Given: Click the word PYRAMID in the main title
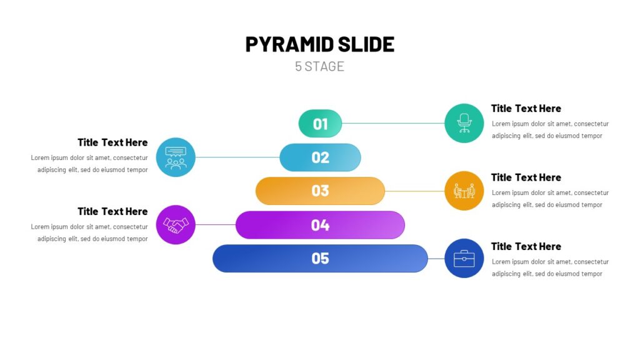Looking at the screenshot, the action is click(289, 44).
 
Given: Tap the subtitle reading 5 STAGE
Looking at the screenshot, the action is click(319, 66).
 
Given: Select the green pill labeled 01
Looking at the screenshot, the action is click(320, 123).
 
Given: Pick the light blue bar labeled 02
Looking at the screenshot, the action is click(320, 157).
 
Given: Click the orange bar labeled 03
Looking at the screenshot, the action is click(320, 191).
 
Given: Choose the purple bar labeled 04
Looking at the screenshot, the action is click(320, 225).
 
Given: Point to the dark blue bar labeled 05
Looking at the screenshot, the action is click(320, 258).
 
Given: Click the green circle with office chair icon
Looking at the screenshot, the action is click(464, 123).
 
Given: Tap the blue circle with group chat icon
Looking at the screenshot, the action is click(176, 157).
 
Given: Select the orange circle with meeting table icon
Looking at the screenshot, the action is click(464, 191).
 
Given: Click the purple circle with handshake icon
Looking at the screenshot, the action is click(176, 225).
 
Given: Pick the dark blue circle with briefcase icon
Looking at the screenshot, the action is click(464, 258).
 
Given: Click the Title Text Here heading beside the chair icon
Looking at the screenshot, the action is click(526, 109).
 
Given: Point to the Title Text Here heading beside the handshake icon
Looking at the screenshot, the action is click(112, 211).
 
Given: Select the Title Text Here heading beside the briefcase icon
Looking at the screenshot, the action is click(526, 246).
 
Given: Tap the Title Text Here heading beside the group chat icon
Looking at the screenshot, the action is click(112, 142).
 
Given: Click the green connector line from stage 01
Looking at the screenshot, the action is click(393, 123).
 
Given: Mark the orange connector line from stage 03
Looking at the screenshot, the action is click(415, 191).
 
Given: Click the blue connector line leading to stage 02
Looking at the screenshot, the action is click(237, 157).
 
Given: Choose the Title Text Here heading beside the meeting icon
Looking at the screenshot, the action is click(526, 177).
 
